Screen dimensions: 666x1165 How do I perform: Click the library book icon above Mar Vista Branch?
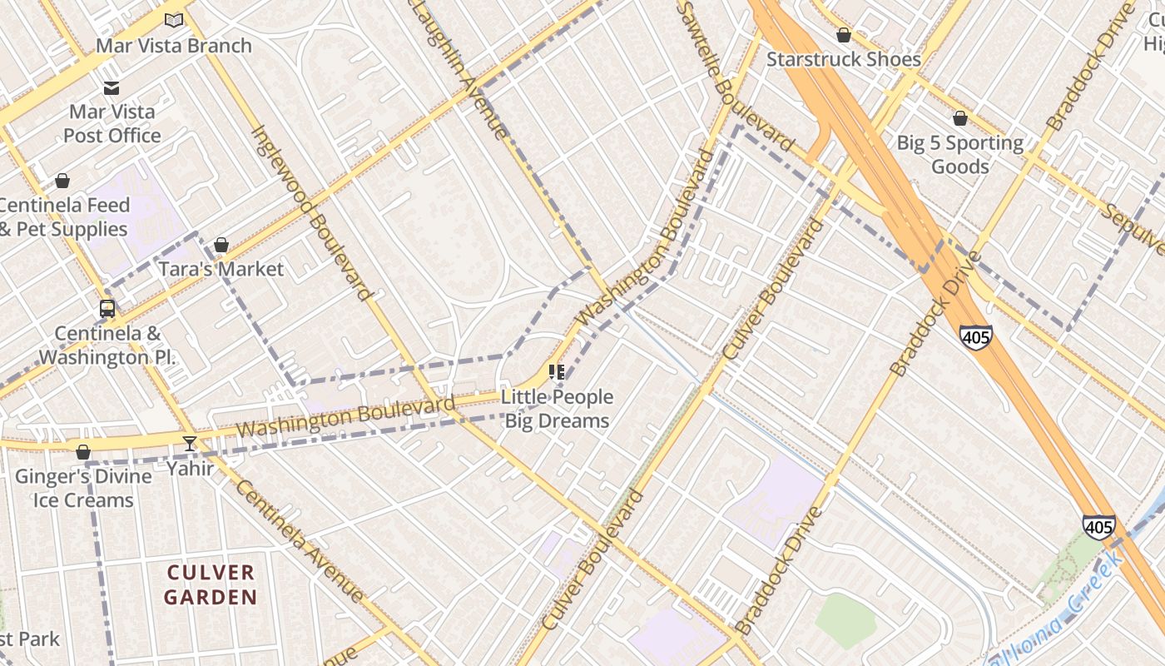click(174, 20)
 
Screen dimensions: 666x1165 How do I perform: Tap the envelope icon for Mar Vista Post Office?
click(112, 88)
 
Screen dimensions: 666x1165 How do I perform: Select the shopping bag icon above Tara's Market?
click(221, 245)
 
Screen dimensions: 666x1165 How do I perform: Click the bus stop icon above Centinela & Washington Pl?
click(107, 309)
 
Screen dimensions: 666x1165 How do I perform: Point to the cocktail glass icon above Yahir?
click(190, 444)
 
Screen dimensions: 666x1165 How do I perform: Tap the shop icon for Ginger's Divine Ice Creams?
click(83, 452)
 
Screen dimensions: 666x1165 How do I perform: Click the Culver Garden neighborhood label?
click(211, 584)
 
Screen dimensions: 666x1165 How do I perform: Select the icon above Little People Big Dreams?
click(557, 372)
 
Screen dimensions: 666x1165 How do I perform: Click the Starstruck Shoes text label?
click(843, 59)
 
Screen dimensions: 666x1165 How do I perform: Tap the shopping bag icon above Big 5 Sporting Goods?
click(960, 118)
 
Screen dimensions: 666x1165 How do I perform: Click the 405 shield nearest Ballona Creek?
click(1099, 526)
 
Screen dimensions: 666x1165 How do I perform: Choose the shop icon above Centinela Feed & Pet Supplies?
click(62, 181)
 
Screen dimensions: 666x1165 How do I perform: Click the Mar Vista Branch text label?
click(174, 45)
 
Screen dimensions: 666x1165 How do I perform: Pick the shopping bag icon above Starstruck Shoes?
click(844, 35)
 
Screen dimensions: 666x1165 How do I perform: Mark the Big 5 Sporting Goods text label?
click(959, 154)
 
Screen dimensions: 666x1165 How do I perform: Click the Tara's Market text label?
click(221, 269)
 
